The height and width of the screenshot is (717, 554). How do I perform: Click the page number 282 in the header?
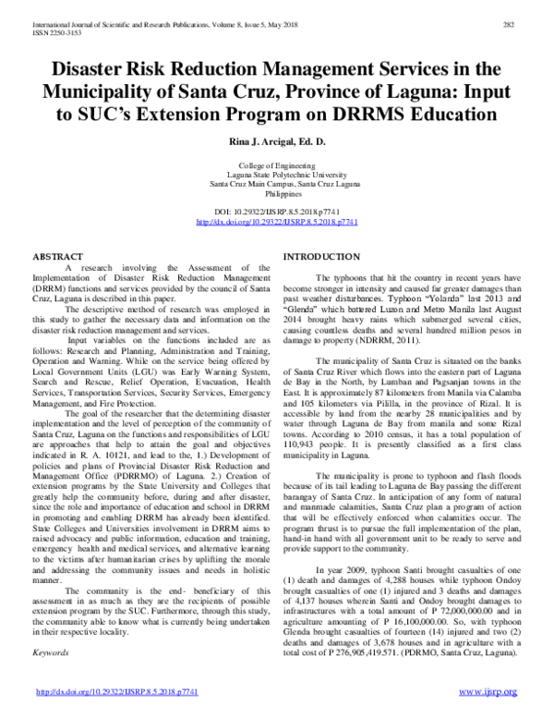coord(508,24)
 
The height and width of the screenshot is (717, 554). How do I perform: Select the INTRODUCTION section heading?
coord(321,255)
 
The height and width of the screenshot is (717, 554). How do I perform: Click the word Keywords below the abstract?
coord(52,652)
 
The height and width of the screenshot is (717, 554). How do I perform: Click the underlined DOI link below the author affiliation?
coord(277,223)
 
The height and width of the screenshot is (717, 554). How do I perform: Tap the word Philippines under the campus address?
coord(277,195)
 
